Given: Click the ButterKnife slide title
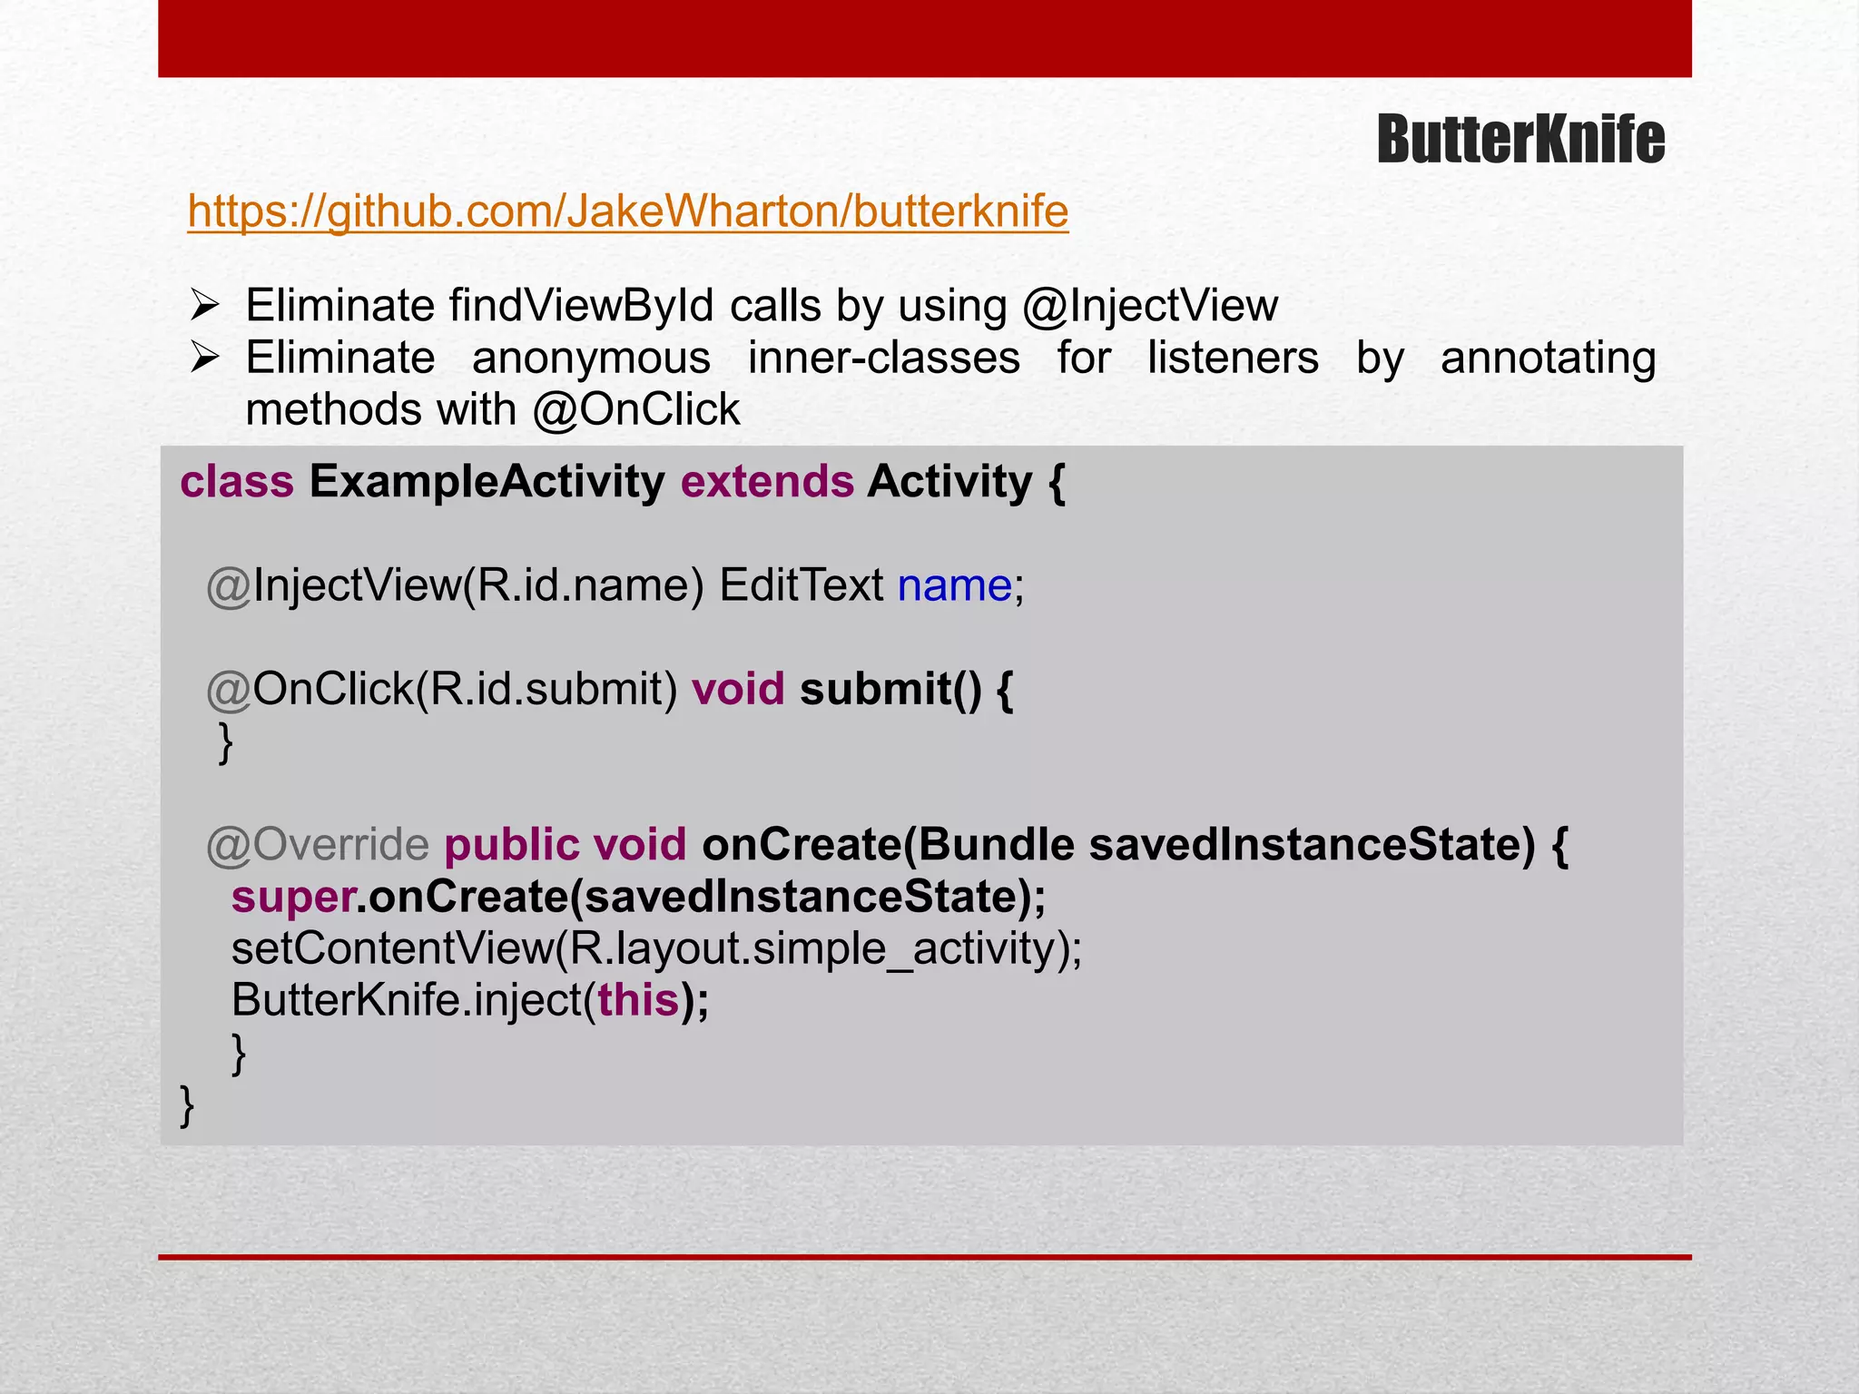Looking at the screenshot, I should click(x=1520, y=141).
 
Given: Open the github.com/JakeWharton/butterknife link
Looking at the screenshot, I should click(x=628, y=211).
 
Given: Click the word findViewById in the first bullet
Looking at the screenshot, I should click(x=582, y=306).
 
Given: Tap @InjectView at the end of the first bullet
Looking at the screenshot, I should click(x=1150, y=306).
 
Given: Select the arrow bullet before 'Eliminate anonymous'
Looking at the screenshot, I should click(x=204, y=358).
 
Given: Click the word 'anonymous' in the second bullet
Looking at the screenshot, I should click(x=591, y=358).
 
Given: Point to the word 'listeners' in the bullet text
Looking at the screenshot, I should click(x=1233, y=358).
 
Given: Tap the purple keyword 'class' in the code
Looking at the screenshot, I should click(x=237, y=482).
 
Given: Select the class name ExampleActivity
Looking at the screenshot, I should click(x=487, y=482).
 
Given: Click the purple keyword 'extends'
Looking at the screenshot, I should click(x=767, y=482).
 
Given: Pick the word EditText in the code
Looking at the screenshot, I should click(x=801, y=585).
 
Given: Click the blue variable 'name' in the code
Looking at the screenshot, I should click(x=954, y=585).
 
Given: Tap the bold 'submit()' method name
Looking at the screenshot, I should click(x=890, y=690).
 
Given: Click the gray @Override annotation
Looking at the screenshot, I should click(x=318, y=845).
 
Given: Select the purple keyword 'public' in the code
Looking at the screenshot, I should click(x=512, y=845).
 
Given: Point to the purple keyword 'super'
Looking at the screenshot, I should click(x=292, y=898).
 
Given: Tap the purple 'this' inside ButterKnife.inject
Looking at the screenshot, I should click(x=638, y=1001).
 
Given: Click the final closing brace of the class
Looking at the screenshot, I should click(x=187, y=1105).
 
